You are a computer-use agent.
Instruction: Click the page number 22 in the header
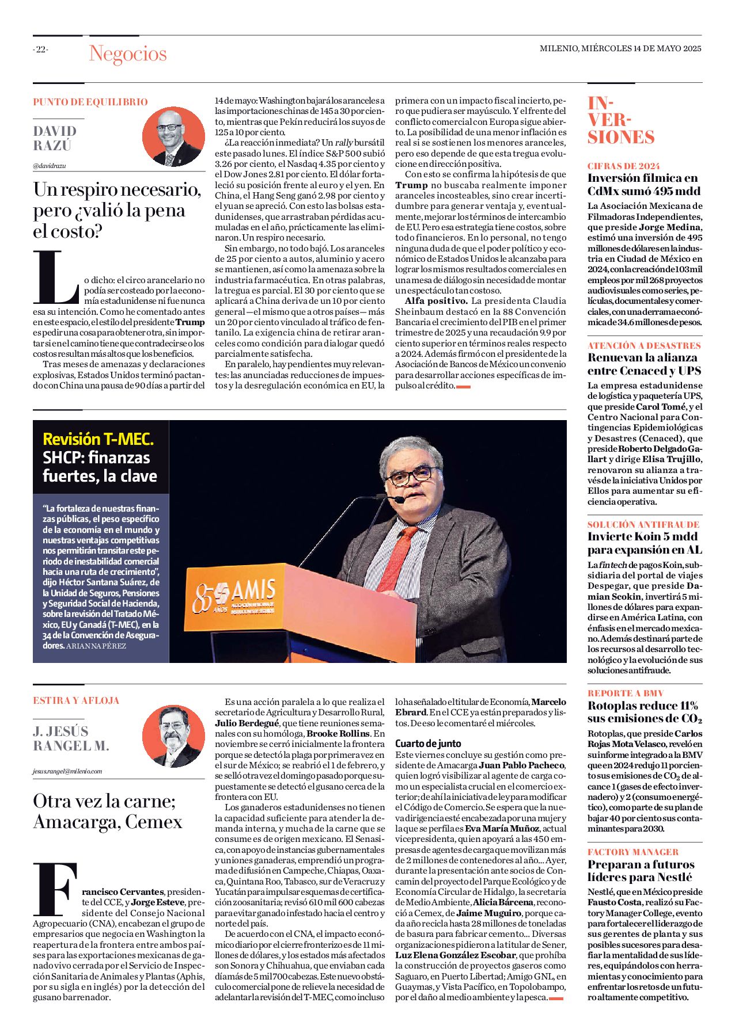tap(40, 49)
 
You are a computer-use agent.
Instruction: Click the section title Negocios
tap(127, 54)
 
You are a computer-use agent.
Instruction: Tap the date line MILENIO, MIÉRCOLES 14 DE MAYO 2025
tap(620, 48)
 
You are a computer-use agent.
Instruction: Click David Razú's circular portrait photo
tap(173, 137)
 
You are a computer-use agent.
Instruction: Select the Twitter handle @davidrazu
tap(50, 166)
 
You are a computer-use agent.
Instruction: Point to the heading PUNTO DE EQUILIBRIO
tap(90, 102)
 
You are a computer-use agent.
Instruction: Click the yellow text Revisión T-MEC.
tap(98, 439)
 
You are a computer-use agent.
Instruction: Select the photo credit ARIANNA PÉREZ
tap(96, 646)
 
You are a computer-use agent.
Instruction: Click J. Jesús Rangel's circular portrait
tap(173, 736)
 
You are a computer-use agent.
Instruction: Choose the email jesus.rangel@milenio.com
tap(67, 771)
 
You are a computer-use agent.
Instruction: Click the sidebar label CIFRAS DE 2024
tap(623, 166)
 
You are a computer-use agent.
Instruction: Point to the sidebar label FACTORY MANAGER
tap(632, 852)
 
